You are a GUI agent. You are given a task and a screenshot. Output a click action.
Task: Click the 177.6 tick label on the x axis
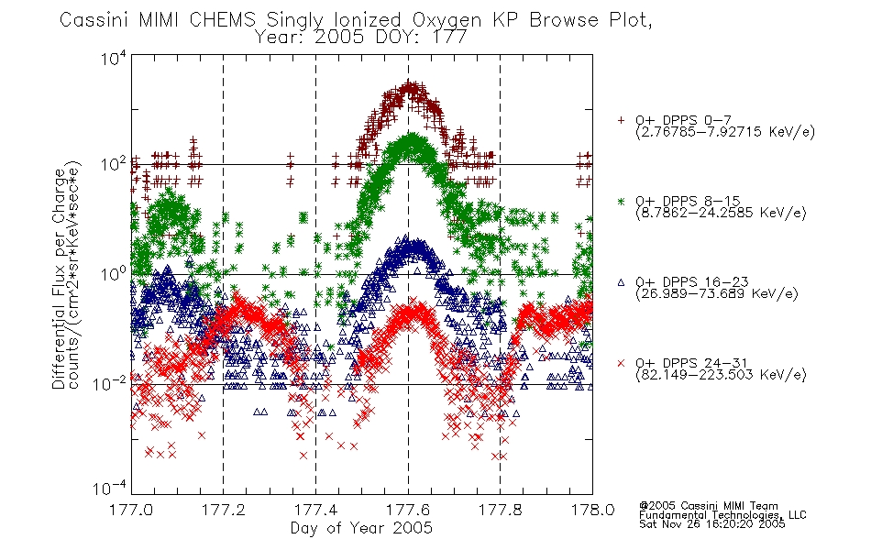click(x=408, y=510)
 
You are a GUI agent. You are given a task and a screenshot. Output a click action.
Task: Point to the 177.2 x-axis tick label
click(x=224, y=510)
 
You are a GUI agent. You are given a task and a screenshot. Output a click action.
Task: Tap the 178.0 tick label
click(x=592, y=510)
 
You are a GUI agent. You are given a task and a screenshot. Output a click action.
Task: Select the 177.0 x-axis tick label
click(x=131, y=510)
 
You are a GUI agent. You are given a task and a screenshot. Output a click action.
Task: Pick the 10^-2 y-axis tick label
click(x=109, y=383)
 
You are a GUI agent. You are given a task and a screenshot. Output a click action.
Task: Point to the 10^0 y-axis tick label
click(x=114, y=273)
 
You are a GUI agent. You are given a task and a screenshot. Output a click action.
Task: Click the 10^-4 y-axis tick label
click(x=109, y=488)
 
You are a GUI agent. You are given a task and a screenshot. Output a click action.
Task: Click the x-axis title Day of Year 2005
click(x=361, y=528)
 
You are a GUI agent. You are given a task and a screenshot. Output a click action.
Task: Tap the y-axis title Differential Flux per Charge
click(x=59, y=279)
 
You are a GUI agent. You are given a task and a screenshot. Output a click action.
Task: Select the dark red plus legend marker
click(x=621, y=120)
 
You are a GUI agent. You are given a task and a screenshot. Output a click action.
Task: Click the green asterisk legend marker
click(x=621, y=202)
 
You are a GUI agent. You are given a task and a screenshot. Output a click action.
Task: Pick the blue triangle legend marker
click(x=621, y=282)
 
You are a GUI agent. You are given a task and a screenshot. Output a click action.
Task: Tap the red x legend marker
click(x=621, y=363)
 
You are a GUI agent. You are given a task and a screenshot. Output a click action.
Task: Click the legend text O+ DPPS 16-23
click(x=691, y=282)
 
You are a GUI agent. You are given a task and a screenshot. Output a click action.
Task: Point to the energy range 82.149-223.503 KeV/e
click(x=721, y=375)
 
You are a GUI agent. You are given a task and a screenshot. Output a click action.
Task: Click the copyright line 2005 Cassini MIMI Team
click(x=709, y=506)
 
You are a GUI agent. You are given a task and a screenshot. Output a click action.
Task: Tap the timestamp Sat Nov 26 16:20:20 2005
click(x=711, y=523)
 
